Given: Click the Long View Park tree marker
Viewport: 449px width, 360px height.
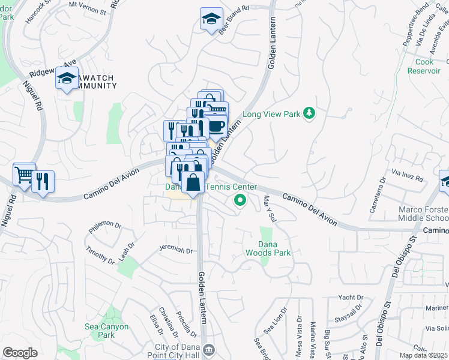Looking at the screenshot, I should click(x=309, y=113).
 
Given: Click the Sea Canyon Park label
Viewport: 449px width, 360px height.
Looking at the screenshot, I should click(x=107, y=331).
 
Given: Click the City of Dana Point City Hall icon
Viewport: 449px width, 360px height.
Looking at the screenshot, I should click(x=208, y=349).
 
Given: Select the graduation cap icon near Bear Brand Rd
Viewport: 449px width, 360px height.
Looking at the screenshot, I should click(x=211, y=19).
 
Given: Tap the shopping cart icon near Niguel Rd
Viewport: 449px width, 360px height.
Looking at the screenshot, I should click(x=24, y=175).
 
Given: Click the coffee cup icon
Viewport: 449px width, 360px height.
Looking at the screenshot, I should click(x=216, y=127).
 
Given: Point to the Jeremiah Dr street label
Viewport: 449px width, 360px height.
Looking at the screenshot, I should click(x=175, y=251).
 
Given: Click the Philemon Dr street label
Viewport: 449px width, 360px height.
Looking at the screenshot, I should click(x=105, y=226).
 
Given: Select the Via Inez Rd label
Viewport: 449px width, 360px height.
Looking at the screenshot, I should click(x=408, y=176).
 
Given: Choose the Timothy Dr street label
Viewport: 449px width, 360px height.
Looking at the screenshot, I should click(x=100, y=255).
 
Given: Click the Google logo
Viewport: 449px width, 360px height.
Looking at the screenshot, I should click(x=20, y=353).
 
